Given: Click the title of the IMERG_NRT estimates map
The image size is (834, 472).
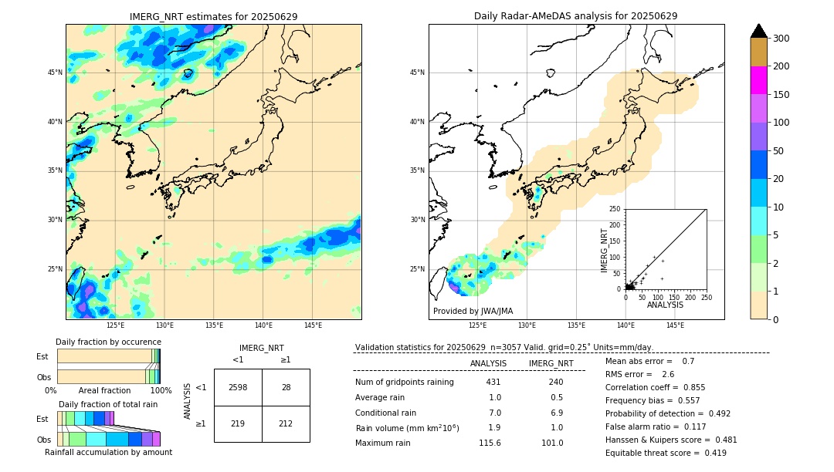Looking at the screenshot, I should tap(213, 16).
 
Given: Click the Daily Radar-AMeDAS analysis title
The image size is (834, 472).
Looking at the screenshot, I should tap(576, 16).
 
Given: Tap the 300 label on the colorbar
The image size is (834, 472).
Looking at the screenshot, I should tap(781, 39).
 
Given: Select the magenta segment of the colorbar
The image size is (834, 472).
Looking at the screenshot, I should tap(759, 80).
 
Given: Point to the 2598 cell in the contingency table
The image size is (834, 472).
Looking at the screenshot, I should tap(238, 387).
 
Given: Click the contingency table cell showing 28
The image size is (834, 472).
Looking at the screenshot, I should tap(286, 387).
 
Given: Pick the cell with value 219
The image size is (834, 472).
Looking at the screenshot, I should tap(238, 423).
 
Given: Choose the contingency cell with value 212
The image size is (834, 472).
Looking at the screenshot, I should tap(286, 423).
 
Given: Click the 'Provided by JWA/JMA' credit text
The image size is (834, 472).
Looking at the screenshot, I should tap(473, 311).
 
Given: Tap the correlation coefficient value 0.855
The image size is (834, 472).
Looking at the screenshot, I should tap(710, 387).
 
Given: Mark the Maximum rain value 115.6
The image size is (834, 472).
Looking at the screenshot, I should tap(489, 443).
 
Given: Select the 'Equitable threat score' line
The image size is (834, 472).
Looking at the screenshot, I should tap(666, 453).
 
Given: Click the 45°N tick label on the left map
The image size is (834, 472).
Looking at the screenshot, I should tap(55, 72).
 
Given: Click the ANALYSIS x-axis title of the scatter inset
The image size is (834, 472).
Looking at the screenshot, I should tap(665, 305).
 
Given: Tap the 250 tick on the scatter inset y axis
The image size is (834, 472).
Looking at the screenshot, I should tap(615, 209).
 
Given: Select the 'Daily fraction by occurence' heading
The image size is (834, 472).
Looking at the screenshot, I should tap(108, 342).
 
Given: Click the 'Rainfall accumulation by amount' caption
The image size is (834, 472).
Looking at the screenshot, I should tap(108, 452).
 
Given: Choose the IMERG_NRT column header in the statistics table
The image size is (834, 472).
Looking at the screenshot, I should tap(551, 363).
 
